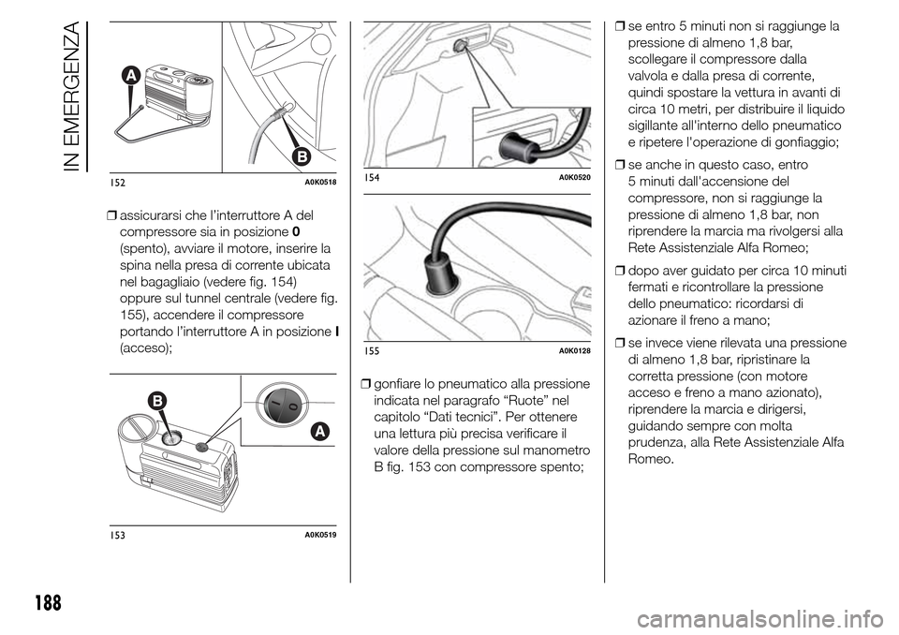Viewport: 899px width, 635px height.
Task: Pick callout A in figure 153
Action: click(x=318, y=431)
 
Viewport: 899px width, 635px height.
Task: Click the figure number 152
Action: click(x=117, y=182)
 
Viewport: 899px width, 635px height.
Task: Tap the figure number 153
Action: click(x=117, y=535)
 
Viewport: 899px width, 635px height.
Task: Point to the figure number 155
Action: click(x=372, y=349)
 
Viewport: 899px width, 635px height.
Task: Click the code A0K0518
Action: click(x=318, y=182)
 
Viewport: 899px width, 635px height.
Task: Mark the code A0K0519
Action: click(x=318, y=535)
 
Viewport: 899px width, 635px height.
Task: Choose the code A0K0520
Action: click(x=574, y=176)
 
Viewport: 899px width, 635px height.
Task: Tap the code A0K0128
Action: click(x=574, y=349)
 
